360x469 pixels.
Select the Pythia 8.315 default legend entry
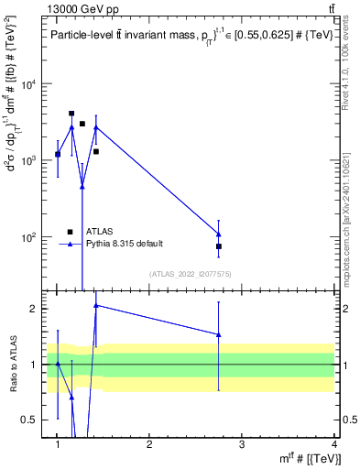pyautogui.click(x=125, y=243)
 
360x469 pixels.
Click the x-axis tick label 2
pyautogui.click(x=149, y=444)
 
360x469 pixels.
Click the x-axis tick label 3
pyautogui.click(x=242, y=444)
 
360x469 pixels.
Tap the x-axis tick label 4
pyautogui.click(x=333, y=444)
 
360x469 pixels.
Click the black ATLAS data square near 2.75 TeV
pyautogui.click(x=219, y=246)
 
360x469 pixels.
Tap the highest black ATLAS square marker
pyautogui.click(x=71, y=114)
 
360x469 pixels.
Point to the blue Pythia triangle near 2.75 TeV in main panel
pyautogui.click(x=219, y=234)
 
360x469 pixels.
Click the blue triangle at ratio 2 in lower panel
pyautogui.click(x=95, y=305)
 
